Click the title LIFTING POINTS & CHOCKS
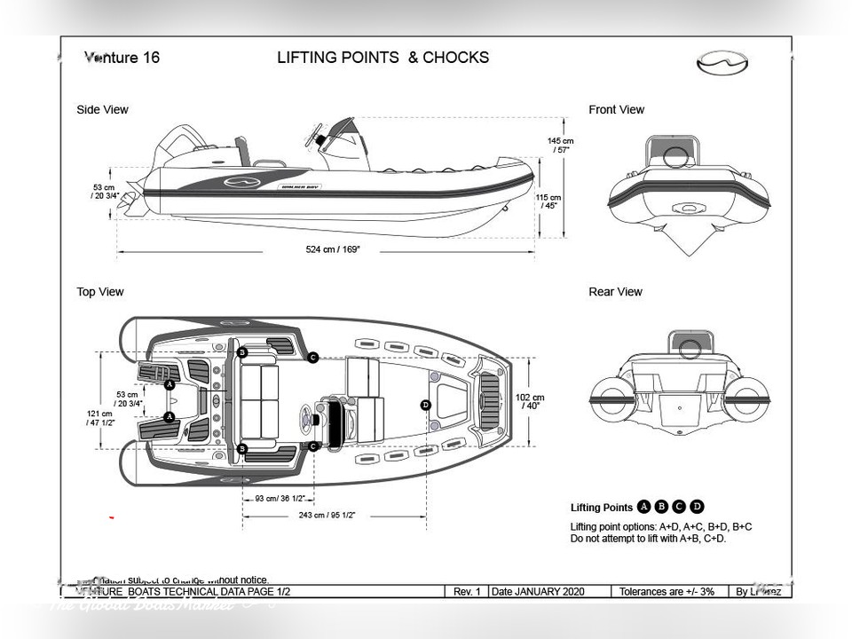(383, 58)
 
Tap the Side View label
(102, 110)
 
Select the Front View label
(616, 110)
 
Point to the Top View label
(100, 292)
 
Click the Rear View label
(615, 292)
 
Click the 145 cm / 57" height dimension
(560, 146)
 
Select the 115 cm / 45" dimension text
(548, 202)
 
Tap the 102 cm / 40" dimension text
(530, 401)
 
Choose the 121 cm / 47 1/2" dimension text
(99, 418)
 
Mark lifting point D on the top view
(426, 405)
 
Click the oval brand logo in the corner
(717, 62)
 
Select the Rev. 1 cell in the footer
(466, 591)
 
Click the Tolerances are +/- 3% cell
(667, 591)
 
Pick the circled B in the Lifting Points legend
(661, 508)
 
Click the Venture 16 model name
(122, 59)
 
